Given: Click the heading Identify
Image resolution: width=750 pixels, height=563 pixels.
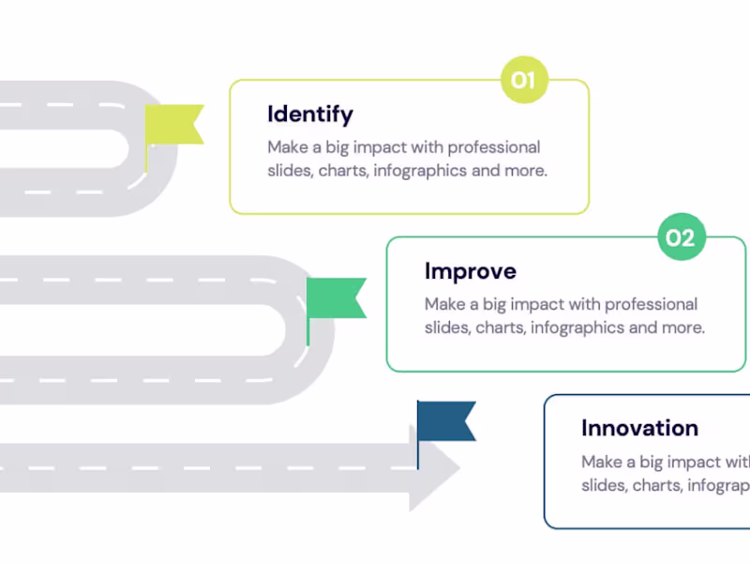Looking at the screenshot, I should [x=310, y=114].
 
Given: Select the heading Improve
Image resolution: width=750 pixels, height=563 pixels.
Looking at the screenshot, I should [x=470, y=271].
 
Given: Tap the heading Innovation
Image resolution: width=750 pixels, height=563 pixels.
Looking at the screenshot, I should [x=639, y=428].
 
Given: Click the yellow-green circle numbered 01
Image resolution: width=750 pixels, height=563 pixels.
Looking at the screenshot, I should [x=523, y=81].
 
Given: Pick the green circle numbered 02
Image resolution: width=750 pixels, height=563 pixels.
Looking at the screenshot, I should [x=680, y=238].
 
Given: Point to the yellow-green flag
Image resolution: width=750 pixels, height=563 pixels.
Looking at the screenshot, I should [x=175, y=125].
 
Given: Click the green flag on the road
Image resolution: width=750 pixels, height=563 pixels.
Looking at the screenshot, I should [x=337, y=297].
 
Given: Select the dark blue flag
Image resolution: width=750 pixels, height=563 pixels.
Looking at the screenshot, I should [x=447, y=421].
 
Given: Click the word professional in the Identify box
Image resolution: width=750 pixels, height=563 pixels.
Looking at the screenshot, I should [x=494, y=147].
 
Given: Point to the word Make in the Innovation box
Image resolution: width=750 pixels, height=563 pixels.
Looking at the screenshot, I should [x=602, y=462].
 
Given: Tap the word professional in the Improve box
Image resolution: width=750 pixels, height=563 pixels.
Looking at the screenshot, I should [x=652, y=304].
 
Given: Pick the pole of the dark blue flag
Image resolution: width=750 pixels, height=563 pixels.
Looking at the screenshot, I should [x=418, y=435].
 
